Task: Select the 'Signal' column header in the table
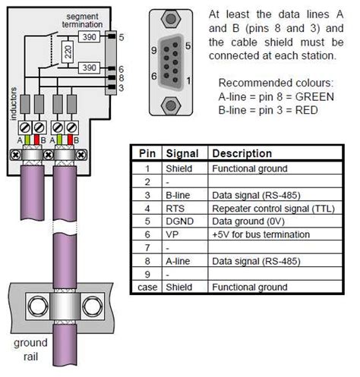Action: (182, 153)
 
